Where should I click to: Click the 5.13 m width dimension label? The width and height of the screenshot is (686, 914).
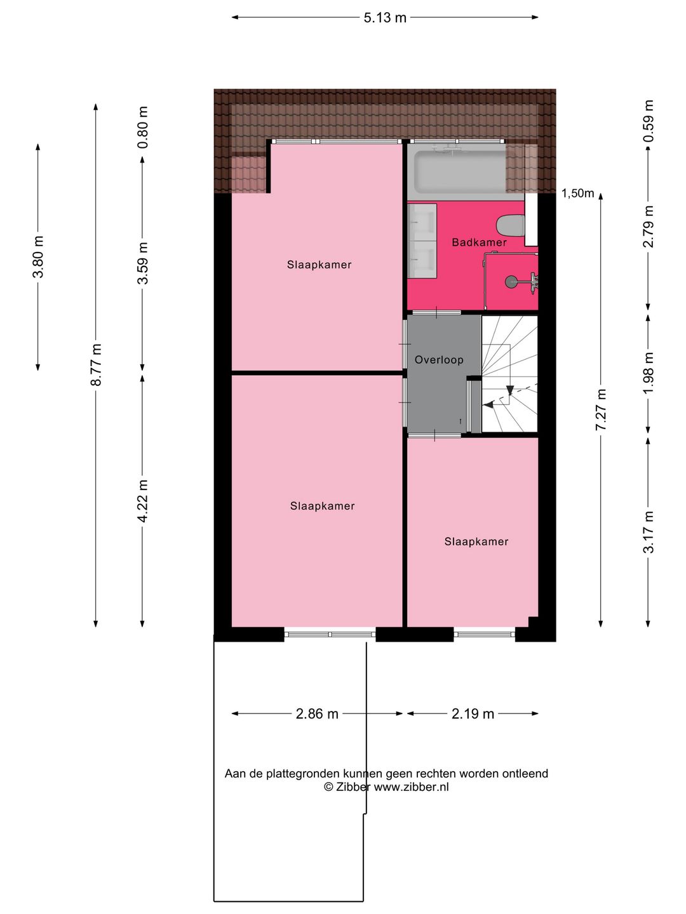(385, 18)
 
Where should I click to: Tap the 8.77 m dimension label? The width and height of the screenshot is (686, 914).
(96, 364)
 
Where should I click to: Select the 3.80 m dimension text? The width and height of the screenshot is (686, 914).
(38, 256)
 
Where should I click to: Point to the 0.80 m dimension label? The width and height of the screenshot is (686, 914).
(143, 127)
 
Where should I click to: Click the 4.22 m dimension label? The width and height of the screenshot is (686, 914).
(143, 501)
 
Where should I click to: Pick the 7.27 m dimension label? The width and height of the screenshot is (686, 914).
(601, 409)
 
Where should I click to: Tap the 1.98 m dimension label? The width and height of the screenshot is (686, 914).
(649, 373)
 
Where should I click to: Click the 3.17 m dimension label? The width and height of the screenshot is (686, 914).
(649, 532)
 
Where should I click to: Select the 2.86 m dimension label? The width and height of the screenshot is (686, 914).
(317, 714)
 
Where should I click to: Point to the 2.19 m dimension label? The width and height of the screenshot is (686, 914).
(473, 714)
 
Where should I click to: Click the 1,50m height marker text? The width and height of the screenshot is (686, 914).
(577, 194)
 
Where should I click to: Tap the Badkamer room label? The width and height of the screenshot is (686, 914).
(479, 242)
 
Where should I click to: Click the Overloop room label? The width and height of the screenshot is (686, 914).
(439, 360)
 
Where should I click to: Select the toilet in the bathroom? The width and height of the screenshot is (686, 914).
(511, 225)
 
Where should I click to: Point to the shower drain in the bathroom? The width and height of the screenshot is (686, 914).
(511, 281)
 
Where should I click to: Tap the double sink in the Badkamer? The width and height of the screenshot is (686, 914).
(422, 241)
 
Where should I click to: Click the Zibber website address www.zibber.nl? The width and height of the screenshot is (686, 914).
(411, 787)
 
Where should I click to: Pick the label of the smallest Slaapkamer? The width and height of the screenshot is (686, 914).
(476, 541)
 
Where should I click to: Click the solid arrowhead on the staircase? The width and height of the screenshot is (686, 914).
(509, 390)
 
